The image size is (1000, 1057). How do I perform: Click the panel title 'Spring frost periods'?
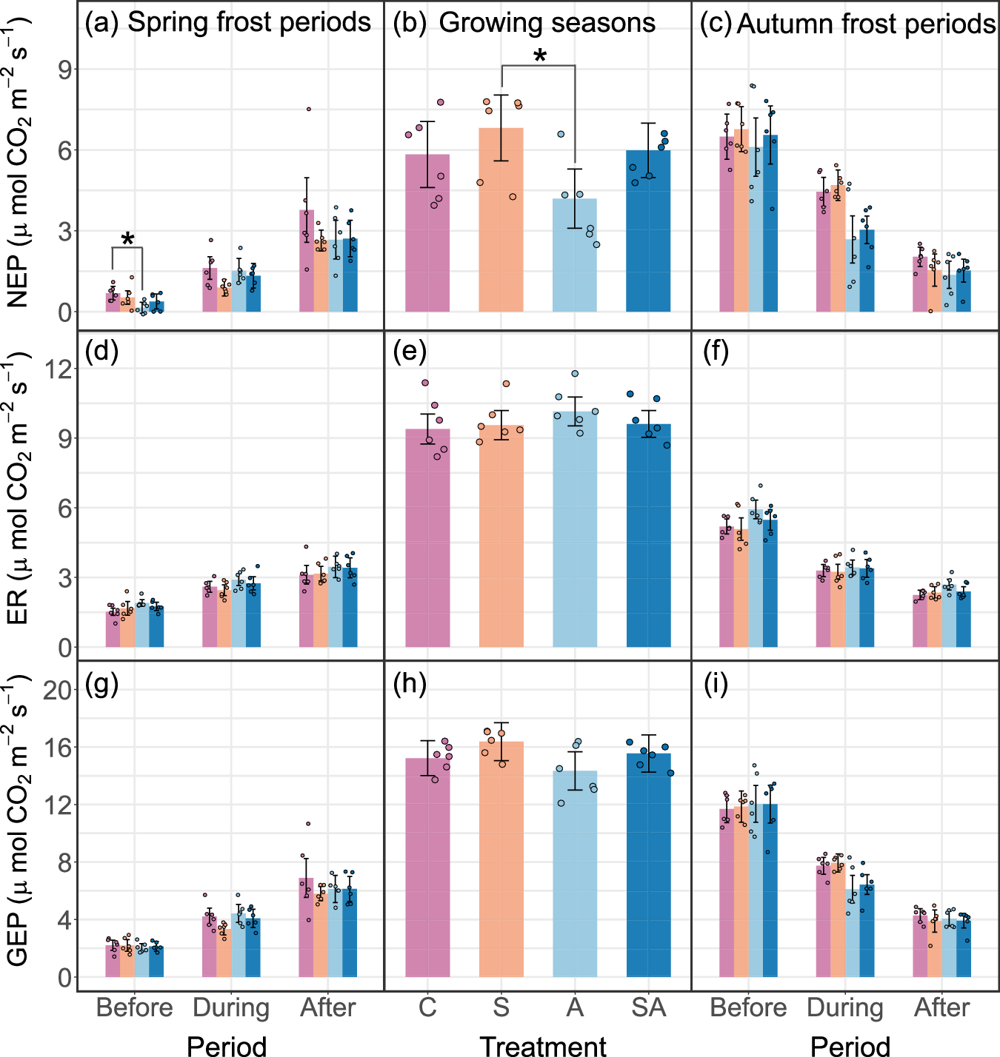249,22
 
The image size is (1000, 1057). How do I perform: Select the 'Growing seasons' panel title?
547,23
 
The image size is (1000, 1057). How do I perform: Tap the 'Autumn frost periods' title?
865,24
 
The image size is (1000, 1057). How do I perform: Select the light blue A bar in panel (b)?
575,255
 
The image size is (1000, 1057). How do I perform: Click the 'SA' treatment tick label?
648,1007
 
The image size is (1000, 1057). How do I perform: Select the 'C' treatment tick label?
427,1007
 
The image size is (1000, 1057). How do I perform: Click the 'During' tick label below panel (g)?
231,1007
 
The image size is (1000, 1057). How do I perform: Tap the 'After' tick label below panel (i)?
941,1007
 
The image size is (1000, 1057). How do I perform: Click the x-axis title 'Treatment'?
543,1045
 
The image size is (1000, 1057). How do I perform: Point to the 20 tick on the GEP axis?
58,690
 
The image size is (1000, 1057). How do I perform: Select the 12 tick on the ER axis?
58,369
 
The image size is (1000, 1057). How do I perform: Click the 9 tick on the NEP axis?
65,70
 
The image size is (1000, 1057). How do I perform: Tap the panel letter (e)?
410,352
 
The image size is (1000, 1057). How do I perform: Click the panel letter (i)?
716,685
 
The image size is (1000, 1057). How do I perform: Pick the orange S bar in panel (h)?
501,859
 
